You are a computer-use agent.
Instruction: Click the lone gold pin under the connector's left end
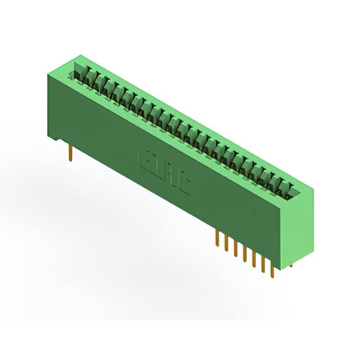[x=71, y=152]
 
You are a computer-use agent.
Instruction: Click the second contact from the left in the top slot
[x=89, y=78]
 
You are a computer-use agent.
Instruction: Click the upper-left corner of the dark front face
[x=47, y=75]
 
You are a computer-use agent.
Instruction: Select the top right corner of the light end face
[x=314, y=189]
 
